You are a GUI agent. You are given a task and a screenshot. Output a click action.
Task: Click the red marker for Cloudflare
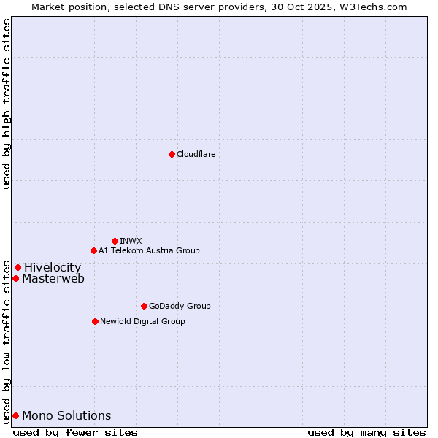172,154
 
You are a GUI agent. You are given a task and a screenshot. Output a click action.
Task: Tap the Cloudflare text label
196,154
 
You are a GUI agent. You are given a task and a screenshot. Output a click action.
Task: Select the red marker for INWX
115,241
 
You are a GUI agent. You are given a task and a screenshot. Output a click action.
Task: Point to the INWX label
131,241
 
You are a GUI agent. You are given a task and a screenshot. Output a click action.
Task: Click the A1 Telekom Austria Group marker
93,250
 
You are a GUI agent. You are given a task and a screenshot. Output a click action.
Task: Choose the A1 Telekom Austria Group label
149,250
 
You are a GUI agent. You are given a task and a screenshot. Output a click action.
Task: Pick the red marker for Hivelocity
18,267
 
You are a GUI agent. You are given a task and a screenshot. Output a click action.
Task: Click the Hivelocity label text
53,268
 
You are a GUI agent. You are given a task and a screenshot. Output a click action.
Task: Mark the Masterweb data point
15,278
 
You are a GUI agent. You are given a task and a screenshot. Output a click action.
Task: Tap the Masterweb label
53,279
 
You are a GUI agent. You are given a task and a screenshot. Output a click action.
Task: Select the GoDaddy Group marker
144,306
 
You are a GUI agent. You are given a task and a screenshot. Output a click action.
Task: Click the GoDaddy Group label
179,306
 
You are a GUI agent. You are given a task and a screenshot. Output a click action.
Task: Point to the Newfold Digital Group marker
95,321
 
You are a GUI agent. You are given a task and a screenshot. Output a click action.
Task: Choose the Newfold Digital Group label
142,321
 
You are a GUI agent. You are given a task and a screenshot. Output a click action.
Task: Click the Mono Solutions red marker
15,415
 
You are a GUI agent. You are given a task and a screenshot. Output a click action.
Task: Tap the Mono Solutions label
66,416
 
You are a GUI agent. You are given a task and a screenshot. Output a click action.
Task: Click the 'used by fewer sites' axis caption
75,433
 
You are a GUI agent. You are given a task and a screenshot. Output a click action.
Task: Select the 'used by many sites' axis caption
366,433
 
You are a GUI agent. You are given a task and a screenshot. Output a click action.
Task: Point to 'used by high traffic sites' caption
7,104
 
